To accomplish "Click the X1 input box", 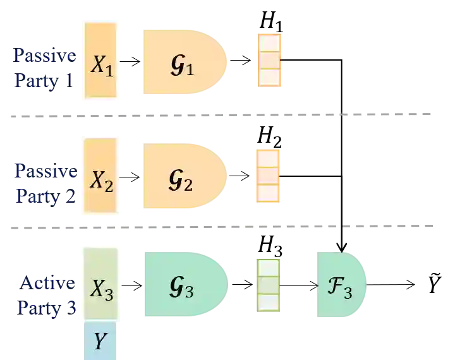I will click(x=100, y=60).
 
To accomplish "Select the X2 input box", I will click(x=100, y=176).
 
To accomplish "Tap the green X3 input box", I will click(x=100, y=284).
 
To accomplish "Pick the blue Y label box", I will click(x=99, y=341).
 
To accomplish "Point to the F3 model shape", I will click(x=340, y=285).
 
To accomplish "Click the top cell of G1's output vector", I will click(x=270, y=43).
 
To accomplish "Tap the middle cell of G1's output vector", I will click(x=270, y=60).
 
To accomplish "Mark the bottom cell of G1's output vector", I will click(x=270, y=77).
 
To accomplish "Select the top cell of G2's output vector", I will click(x=267, y=158).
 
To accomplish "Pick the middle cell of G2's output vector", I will click(x=267, y=176).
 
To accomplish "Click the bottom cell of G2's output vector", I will click(x=267, y=193).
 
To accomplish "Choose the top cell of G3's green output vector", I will click(x=267, y=268).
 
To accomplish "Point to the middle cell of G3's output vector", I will click(x=267, y=285).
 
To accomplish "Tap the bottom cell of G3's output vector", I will click(x=267, y=302).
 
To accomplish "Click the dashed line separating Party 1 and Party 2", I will click(x=221, y=115).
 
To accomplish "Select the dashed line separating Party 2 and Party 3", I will click(x=221, y=225).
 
